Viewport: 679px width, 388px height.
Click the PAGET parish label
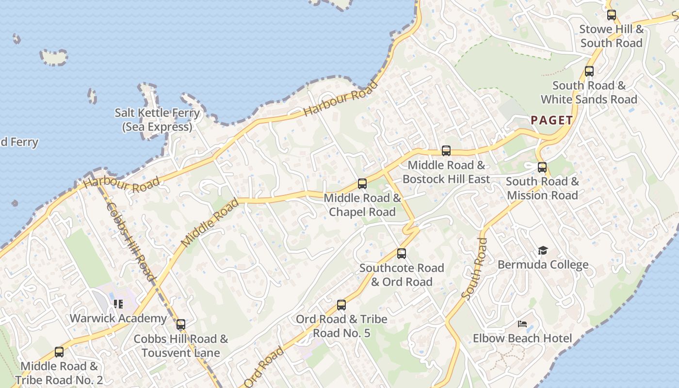[551, 120]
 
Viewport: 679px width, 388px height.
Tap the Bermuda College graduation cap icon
[543, 251]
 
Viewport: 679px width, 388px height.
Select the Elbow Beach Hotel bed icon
[522, 324]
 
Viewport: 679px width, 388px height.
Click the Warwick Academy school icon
[118, 304]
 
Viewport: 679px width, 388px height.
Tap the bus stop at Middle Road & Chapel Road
[362, 184]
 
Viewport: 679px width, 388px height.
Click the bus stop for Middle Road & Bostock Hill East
[446, 151]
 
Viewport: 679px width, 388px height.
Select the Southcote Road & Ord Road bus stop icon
[402, 254]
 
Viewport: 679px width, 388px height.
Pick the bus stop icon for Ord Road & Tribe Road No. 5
[341, 305]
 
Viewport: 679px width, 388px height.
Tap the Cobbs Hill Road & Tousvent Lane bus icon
[181, 324]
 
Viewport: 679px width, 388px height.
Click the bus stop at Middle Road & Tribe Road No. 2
[59, 352]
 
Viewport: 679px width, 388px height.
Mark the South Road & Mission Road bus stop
[542, 167]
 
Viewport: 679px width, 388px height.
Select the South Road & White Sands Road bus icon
[589, 71]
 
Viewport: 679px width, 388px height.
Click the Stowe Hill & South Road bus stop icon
[612, 15]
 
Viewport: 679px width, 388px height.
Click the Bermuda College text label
[543, 265]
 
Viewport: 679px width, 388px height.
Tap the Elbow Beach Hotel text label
[522, 338]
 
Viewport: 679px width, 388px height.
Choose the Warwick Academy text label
[118, 319]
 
